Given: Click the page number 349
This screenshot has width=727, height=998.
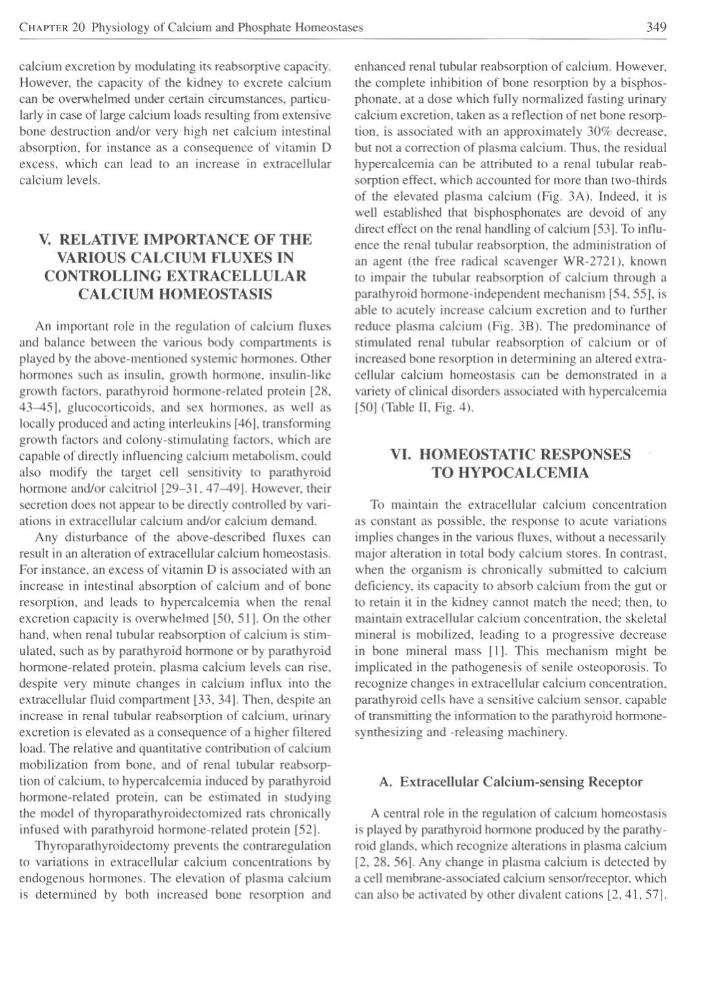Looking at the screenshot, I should coord(656,27).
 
